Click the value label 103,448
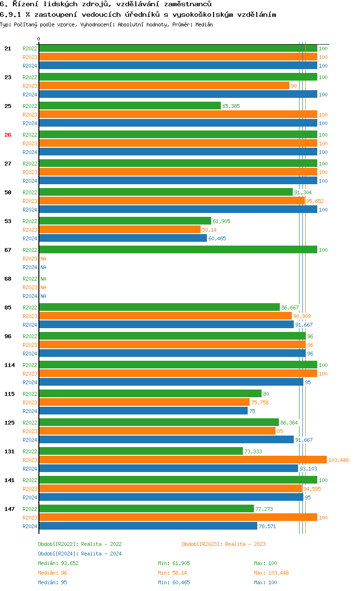pos(338,460)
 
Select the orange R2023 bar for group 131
pos(182,460)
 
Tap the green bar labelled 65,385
pos(130,106)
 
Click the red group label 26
pos(8,135)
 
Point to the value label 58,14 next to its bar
pos(209,230)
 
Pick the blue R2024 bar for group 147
pos(148,526)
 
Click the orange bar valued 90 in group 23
pos(164,85)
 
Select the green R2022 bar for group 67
pos(178,249)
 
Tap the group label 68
pos(8,279)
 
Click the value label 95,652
pos(315,201)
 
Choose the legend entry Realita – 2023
pos(224,544)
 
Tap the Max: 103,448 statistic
pos(271,573)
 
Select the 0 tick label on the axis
pos(39,39)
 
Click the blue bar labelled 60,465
pos(122,238)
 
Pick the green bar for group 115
pos(150,393)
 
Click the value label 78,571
pos(267,526)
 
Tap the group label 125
pos(10,423)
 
